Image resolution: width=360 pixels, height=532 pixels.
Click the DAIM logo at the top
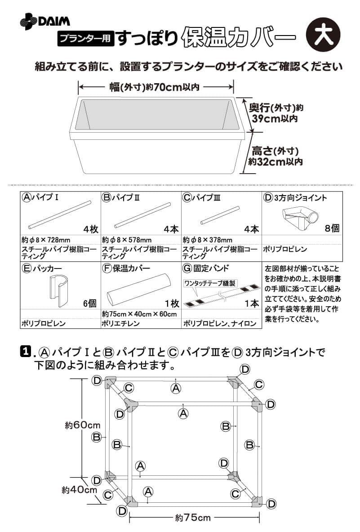45,22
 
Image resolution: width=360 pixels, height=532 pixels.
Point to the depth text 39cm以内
275,118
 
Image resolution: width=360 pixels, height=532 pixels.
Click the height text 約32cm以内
275,161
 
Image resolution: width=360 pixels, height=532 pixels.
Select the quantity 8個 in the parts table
332,228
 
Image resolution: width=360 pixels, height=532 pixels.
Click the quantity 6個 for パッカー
90,303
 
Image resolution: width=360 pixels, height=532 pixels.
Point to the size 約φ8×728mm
46,240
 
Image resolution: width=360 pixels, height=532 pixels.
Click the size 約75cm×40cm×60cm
139,314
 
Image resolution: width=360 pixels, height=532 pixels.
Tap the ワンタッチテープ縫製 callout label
210,283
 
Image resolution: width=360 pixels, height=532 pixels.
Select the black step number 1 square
26,352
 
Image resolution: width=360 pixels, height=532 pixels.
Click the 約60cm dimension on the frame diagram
82,425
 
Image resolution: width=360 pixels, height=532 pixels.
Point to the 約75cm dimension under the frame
193,518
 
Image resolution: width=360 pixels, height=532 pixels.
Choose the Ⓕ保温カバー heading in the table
126,268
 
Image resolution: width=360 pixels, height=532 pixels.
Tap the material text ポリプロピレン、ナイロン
220,323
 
